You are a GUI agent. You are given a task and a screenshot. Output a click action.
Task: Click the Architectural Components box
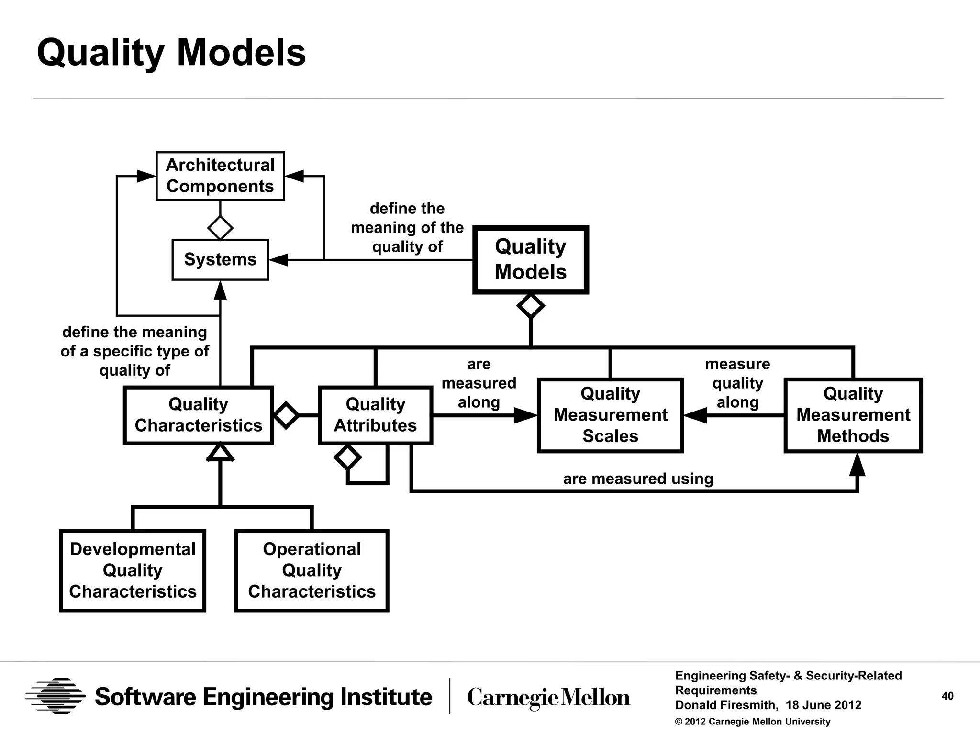220,176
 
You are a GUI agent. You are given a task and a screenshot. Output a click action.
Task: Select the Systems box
220,259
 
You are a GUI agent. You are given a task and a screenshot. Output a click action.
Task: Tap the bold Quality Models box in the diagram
530,259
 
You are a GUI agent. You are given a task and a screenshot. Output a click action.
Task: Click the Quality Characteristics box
198,415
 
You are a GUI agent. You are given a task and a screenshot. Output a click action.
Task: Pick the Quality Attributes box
375,415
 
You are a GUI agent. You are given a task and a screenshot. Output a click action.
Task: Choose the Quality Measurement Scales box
610,415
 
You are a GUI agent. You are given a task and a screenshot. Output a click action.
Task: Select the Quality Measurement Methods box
853,415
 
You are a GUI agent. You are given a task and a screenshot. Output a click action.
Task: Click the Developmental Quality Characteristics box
133,570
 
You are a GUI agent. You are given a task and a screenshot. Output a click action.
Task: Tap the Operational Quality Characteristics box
312,570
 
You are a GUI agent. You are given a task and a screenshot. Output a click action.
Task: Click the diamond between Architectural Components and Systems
220,227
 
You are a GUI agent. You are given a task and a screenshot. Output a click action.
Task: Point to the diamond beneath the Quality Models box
530,305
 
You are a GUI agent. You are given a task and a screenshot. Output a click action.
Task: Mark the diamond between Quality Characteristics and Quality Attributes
286,415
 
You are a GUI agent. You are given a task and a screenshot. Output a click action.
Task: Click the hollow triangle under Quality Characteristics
220,452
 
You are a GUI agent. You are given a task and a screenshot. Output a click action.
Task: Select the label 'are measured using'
638,479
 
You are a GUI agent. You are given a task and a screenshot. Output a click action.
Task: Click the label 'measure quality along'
737,383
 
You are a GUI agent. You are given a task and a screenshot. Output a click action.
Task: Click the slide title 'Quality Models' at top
171,53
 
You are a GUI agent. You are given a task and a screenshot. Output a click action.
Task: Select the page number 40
947,696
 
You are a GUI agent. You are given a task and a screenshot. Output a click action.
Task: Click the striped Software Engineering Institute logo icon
56,696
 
